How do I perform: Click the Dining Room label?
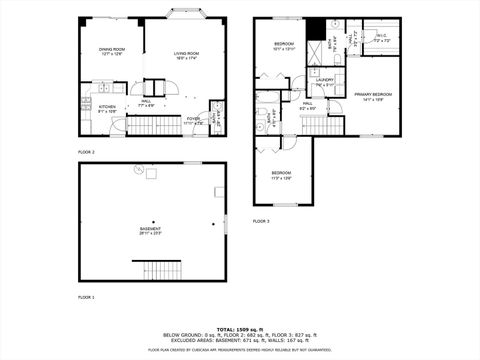111,51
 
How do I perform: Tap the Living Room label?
187,55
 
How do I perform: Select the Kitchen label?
107,108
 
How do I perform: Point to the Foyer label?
192,121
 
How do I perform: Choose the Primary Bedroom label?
372,96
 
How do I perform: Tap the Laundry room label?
324,83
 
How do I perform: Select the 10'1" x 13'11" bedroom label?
284,46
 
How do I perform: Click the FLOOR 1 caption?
87,298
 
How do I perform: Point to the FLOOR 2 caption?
87,152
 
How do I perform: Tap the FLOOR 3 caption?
261,221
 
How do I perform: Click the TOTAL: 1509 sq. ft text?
240,328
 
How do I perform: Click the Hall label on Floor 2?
146,102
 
